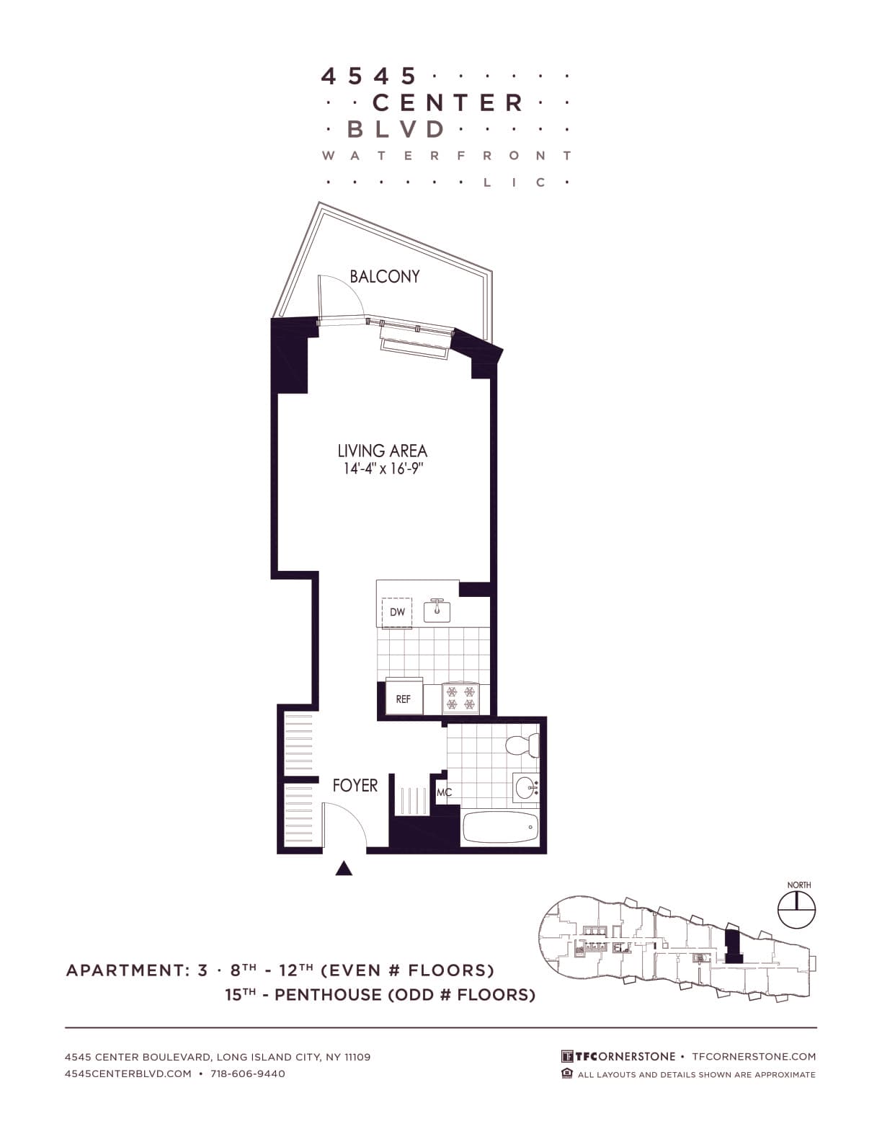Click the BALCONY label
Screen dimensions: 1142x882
pyautogui.click(x=384, y=276)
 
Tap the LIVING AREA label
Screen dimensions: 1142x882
pyautogui.click(x=382, y=451)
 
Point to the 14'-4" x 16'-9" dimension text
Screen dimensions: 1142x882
pyautogui.click(x=382, y=469)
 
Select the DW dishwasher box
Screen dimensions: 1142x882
pyautogui.click(x=397, y=613)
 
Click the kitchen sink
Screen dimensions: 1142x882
pyautogui.click(x=437, y=611)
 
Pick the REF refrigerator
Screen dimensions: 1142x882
pyautogui.click(x=404, y=697)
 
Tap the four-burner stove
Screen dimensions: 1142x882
pyautogui.click(x=460, y=699)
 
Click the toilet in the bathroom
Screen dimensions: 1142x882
pyautogui.click(x=522, y=745)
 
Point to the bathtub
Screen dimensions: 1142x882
pyautogui.click(x=500, y=827)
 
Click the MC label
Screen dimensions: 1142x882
pyautogui.click(x=444, y=793)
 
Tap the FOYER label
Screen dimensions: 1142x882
pyautogui.click(x=355, y=785)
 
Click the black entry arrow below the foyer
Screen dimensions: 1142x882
pyautogui.click(x=344, y=868)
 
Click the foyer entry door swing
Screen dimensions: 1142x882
pyautogui.click(x=344, y=826)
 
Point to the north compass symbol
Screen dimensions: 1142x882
pyautogui.click(x=797, y=908)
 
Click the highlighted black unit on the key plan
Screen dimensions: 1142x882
pyautogui.click(x=732, y=946)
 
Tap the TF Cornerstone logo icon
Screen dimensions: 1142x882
pyautogui.click(x=568, y=1056)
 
